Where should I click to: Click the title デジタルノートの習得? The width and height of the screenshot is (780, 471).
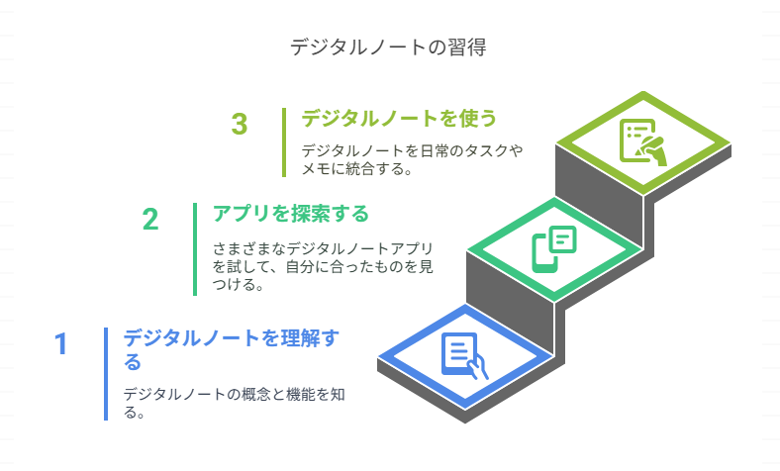[x=389, y=47]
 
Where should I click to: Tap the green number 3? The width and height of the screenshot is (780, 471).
[x=240, y=125]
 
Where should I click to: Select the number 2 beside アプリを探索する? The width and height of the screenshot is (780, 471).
[x=150, y=219]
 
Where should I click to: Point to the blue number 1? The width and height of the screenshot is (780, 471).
[x=61, y=343]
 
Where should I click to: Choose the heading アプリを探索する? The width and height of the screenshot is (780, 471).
[x=291, y=213]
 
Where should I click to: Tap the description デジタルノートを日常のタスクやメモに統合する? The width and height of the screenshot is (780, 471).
[x=413, y=159]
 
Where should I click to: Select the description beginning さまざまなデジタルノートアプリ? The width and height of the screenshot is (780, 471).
[x=325, y=266]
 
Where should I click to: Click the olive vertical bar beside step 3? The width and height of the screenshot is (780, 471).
[x=284, y=141]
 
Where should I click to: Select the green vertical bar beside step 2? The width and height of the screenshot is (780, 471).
[x=195, y=248]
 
